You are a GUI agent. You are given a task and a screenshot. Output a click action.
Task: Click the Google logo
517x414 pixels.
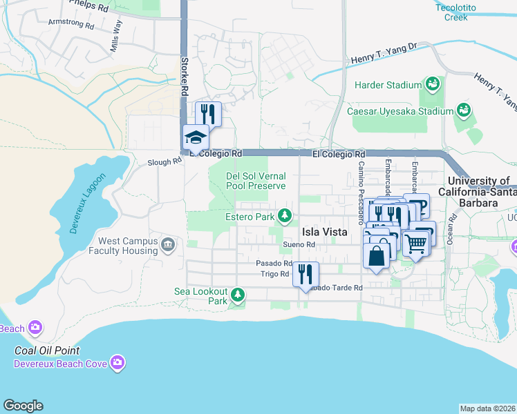23,406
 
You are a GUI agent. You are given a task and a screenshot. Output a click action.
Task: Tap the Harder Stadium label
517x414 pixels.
388,85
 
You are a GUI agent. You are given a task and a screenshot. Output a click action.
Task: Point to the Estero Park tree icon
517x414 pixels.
284,217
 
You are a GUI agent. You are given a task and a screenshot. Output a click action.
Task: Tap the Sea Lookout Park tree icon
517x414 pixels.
238,295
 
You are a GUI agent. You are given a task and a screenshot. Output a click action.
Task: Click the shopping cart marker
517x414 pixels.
415,242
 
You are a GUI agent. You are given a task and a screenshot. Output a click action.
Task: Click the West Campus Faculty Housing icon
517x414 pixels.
167,244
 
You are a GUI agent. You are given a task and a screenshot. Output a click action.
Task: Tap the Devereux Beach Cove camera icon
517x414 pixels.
118,362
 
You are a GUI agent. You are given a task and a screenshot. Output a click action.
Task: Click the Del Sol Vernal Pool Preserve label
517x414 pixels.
256,181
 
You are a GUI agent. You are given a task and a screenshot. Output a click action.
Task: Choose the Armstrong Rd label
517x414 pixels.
70,23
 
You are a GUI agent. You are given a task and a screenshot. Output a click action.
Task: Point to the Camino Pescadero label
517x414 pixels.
361,193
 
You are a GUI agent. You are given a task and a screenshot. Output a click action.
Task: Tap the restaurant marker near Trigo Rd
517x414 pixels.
305,274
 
